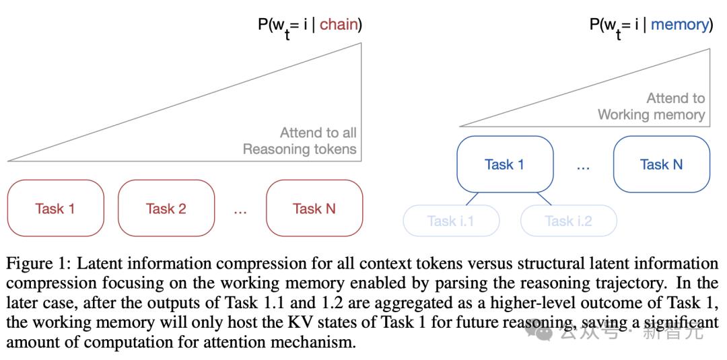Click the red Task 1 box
pos(55,208)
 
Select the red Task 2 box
pos(166,208)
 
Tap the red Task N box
pos(314,208)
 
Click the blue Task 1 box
pos(504,164)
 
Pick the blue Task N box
pos(661,164)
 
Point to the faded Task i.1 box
pos(451,221)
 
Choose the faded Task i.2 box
pos(568,221)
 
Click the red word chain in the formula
pos(339,25)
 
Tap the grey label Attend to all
pos(318,133)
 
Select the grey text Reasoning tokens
pos(300,149)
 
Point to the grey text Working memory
pos(651,114)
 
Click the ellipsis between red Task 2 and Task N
pos(240,210)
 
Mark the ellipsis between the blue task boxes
pos(583,166)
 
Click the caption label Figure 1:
pos(37,263)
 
